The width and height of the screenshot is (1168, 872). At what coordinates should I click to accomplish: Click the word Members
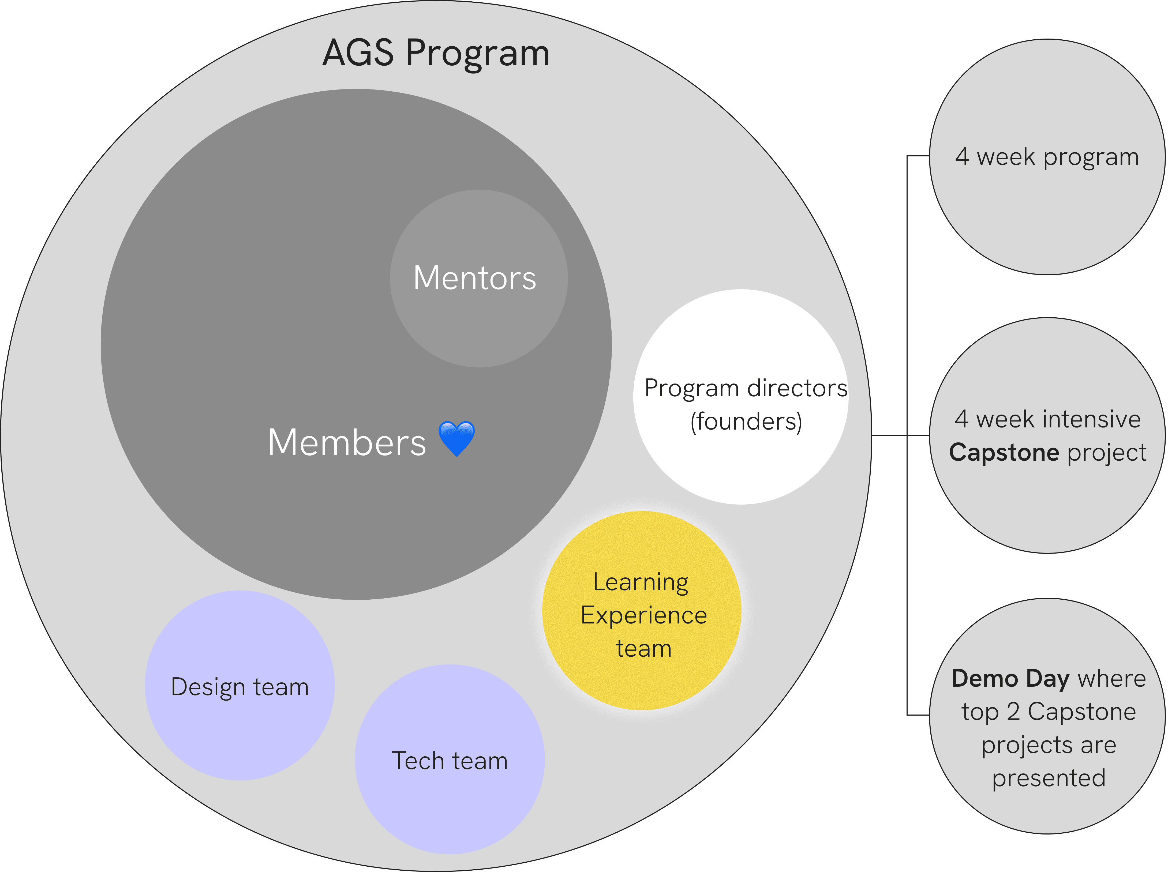tap(346, 442)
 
